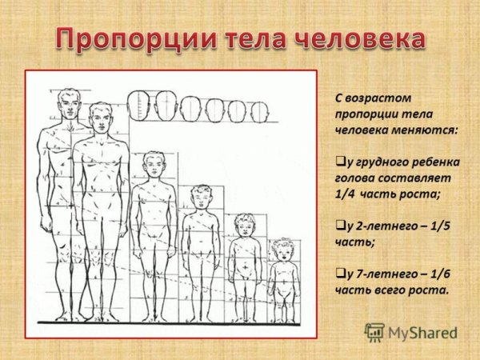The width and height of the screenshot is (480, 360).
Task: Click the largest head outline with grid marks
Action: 139,105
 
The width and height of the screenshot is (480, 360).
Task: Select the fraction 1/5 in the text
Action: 438,226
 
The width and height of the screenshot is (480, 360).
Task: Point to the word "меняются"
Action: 426,128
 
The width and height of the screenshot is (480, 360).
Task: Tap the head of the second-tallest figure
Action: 100,118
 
